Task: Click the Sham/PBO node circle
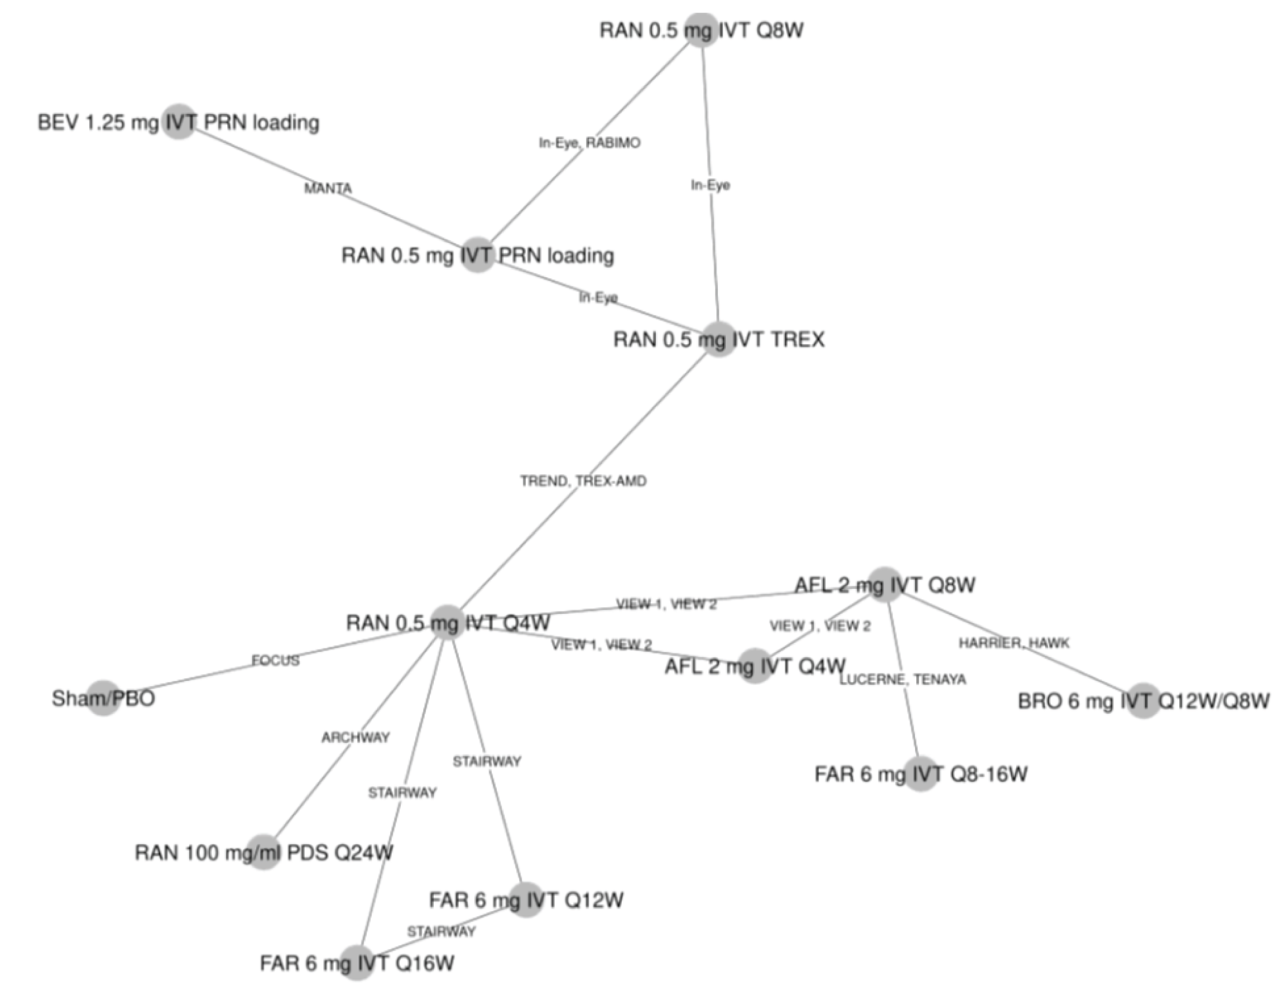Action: point(104,698)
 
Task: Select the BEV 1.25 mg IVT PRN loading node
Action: point(179,121)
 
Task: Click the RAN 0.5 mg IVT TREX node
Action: point(719,339)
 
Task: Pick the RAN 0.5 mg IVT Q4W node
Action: point(448,622)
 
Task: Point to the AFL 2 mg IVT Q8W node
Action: point(885,585)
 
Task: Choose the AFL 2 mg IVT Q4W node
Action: point(755,666)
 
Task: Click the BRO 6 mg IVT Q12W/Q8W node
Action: point(1143,701)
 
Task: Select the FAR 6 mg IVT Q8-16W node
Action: point(921,773)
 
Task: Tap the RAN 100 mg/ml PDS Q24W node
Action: point(264,852)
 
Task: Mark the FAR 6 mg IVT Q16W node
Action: point(357,963)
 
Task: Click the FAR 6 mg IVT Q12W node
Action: point(526,899)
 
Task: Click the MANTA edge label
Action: point(327,188)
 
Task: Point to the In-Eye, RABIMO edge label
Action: point(590,143)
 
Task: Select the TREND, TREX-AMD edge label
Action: point(583,481)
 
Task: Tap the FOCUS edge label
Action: point(275,661)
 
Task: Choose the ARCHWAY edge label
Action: point(356,737)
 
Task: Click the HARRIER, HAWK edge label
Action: point(1013,643)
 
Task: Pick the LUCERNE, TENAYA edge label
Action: point(902,679)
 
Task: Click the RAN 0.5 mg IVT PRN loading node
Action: point(477,255)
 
